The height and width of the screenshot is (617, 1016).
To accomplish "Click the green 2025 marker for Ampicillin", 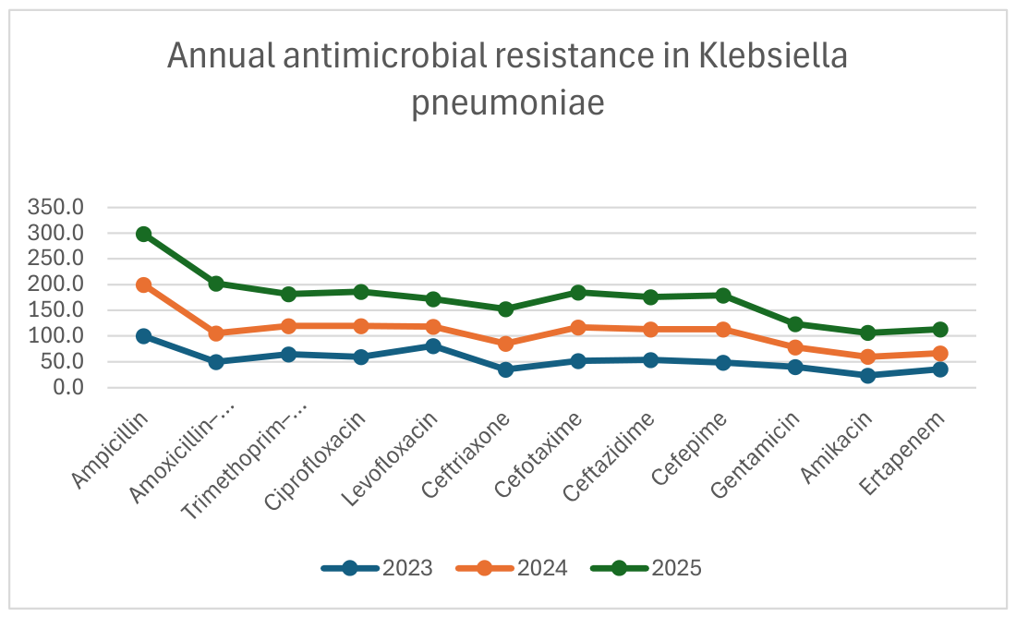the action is (x=144, y=234).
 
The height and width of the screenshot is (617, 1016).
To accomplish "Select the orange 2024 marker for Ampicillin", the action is (x=144, y=285).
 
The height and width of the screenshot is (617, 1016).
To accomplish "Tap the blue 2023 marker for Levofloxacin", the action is (x=433, y=346).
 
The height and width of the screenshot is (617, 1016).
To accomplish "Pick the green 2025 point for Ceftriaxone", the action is (x=506, y=309).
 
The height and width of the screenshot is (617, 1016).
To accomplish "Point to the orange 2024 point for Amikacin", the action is (x=868, y=357).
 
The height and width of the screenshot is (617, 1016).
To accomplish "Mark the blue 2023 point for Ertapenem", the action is (x=940, y=369).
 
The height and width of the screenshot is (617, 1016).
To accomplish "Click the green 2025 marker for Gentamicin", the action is (x=795, y=324).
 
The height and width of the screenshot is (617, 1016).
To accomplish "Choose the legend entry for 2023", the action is (x=377, y=568).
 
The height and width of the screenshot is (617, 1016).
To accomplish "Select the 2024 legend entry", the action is (x=512, y=568).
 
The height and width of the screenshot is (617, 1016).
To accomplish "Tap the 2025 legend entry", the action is (x=647, y=568).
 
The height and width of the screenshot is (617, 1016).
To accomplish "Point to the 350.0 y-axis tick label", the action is (x=55, y=208).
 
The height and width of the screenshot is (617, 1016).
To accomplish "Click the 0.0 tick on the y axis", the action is (x=68, y=388).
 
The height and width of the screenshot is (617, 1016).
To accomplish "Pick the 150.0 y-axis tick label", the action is (x=55, y=309).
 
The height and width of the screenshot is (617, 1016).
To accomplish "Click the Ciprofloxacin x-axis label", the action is (x=316, y=461).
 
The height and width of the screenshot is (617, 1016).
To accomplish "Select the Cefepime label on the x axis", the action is (x=689, y=449).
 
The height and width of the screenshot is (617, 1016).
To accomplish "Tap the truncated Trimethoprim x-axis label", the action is (x=244, y=462).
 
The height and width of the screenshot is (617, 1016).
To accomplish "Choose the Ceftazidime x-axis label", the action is (x=609, y=457).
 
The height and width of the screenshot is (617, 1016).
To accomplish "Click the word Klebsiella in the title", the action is (x=772, y=55).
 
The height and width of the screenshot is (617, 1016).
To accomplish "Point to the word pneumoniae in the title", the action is (x=508, y=103).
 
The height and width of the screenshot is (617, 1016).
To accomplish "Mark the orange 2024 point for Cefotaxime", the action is (x=578, y=328).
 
